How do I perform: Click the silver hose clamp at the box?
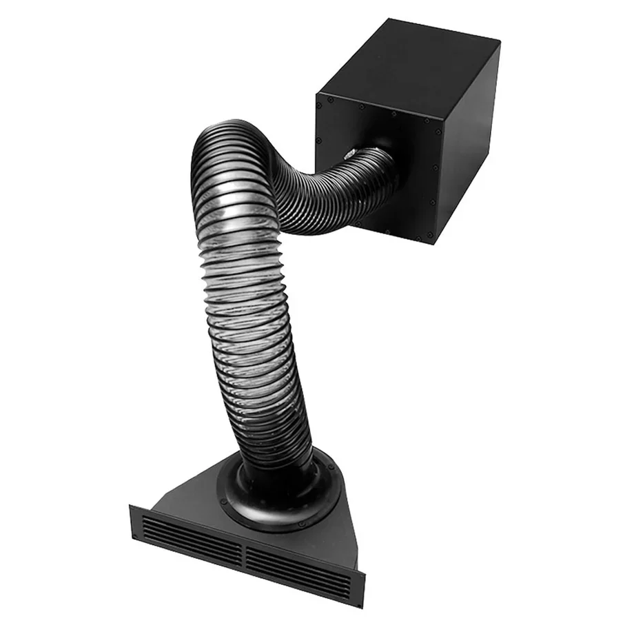pos(349,152)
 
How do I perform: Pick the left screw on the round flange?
pos(222,491)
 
